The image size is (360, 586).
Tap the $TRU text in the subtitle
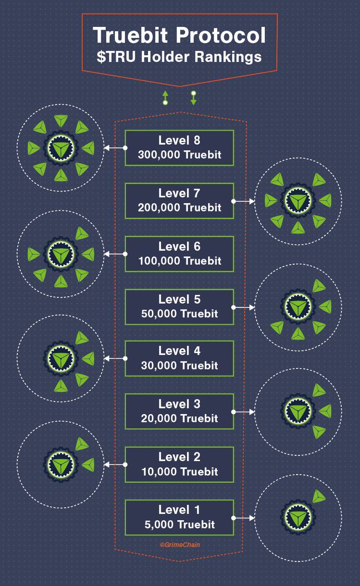116,57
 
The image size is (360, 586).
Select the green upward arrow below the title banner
165,98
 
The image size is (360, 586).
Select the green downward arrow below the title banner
193,98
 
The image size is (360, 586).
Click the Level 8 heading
179,140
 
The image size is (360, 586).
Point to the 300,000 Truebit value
179,155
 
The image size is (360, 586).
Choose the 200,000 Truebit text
179,208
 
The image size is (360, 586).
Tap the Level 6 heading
179,247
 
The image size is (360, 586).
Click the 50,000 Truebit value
179,314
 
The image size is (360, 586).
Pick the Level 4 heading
179,351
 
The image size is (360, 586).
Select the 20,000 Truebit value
179,419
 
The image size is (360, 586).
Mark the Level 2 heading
179,457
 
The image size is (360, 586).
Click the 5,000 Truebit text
179,524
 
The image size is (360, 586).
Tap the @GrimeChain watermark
180,544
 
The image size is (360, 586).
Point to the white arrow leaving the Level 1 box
243,518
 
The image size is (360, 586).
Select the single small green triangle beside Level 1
318,497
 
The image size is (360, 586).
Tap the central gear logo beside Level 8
61,148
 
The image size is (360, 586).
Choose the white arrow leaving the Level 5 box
243,307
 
